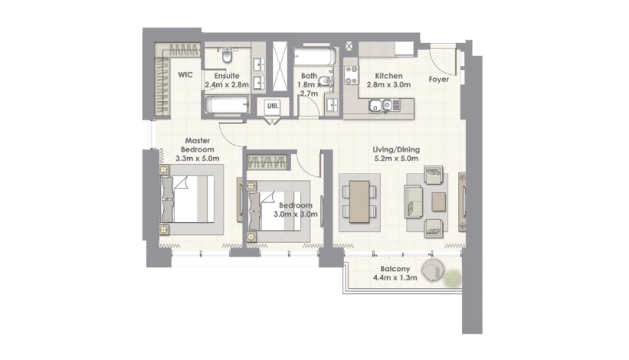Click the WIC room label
(185, 74)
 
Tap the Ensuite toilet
(227, 56)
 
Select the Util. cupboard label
(273, 106)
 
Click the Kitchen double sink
(381, 106)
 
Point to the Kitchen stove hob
(352, 75)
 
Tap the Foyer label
(439, 79)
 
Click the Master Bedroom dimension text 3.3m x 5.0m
(197, 158)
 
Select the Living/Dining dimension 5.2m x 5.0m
(396, 158)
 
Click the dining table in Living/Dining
(360, 202)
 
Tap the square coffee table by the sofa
(439, 202)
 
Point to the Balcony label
(395, 269)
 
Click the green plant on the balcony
(453, 278)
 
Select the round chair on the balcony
(433, 270)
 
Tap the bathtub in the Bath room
(315, 57)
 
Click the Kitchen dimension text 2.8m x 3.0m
(389, 85)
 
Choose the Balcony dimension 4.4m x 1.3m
(395, 277)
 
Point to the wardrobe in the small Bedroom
(266, 162)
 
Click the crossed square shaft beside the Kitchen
(349, 46)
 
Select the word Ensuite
(226, 76)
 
